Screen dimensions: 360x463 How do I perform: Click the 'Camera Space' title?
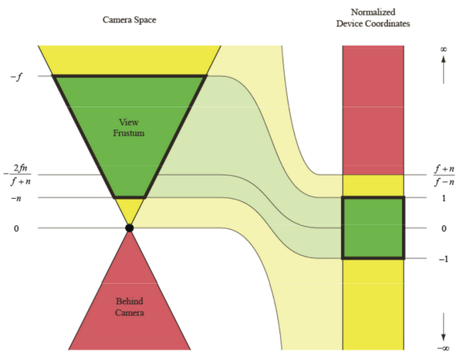(x=129, y=18)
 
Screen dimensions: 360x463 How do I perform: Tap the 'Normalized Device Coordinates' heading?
(x=373, y=18)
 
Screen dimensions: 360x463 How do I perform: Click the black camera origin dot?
(x=130, y=228)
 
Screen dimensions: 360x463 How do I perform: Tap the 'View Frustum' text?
(x=129, y=127)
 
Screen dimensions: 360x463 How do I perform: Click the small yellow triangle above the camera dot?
(x=129, y=209)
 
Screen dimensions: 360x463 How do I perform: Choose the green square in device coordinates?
(x=373, y=228)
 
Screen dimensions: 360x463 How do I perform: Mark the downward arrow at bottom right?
(x=444, y=328)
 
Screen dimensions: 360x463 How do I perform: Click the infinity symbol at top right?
(x=444, y=50)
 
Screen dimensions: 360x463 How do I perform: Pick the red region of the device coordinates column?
(x=373, y=108)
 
